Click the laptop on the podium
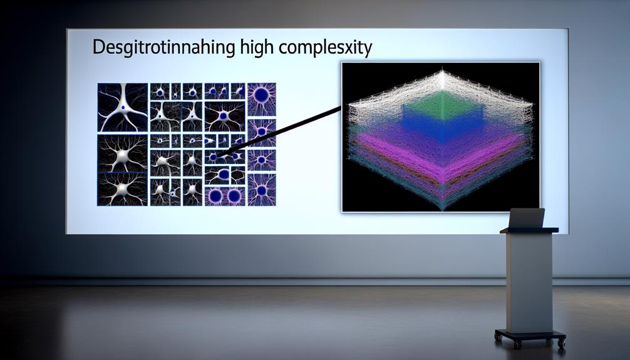[x=526, y=218]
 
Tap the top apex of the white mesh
[x=442, y=71]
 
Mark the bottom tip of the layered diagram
[x=442, y=210]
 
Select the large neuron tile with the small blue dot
[x=123, y=107]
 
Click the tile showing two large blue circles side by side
[x=225, y=196]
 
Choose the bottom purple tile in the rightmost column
[x=262, y=190]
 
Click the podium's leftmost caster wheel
[x=498, y=337]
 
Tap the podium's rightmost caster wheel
[x=561, y=342]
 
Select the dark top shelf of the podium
[x=529, y=230]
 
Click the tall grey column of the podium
[x=529, y=281]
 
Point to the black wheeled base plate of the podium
[x=530, y=335]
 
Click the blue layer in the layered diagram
[x=442, y=125]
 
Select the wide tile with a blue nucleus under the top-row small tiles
[x=225, y=116]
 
